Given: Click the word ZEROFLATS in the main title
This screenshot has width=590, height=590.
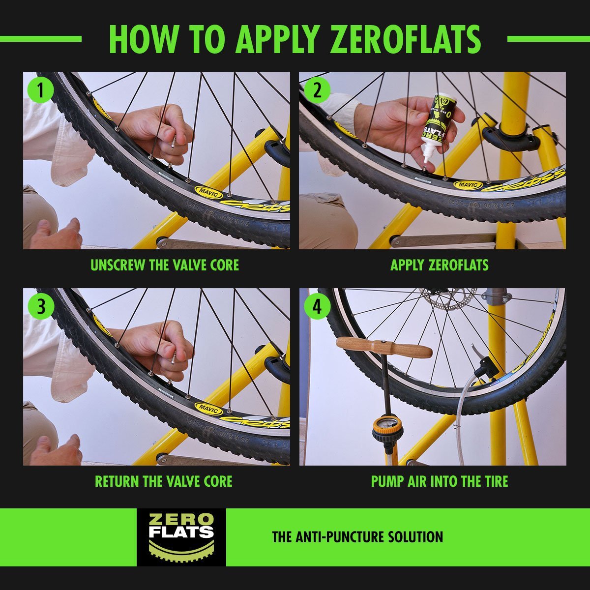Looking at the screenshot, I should coord(406,39).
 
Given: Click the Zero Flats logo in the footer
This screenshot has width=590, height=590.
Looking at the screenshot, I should coord(181,537).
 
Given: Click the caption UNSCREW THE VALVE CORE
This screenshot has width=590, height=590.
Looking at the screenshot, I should coord(165,265).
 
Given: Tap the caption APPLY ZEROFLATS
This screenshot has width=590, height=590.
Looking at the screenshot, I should coord(439,265).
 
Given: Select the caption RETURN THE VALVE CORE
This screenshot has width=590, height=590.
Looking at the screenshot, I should coord(163,481).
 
